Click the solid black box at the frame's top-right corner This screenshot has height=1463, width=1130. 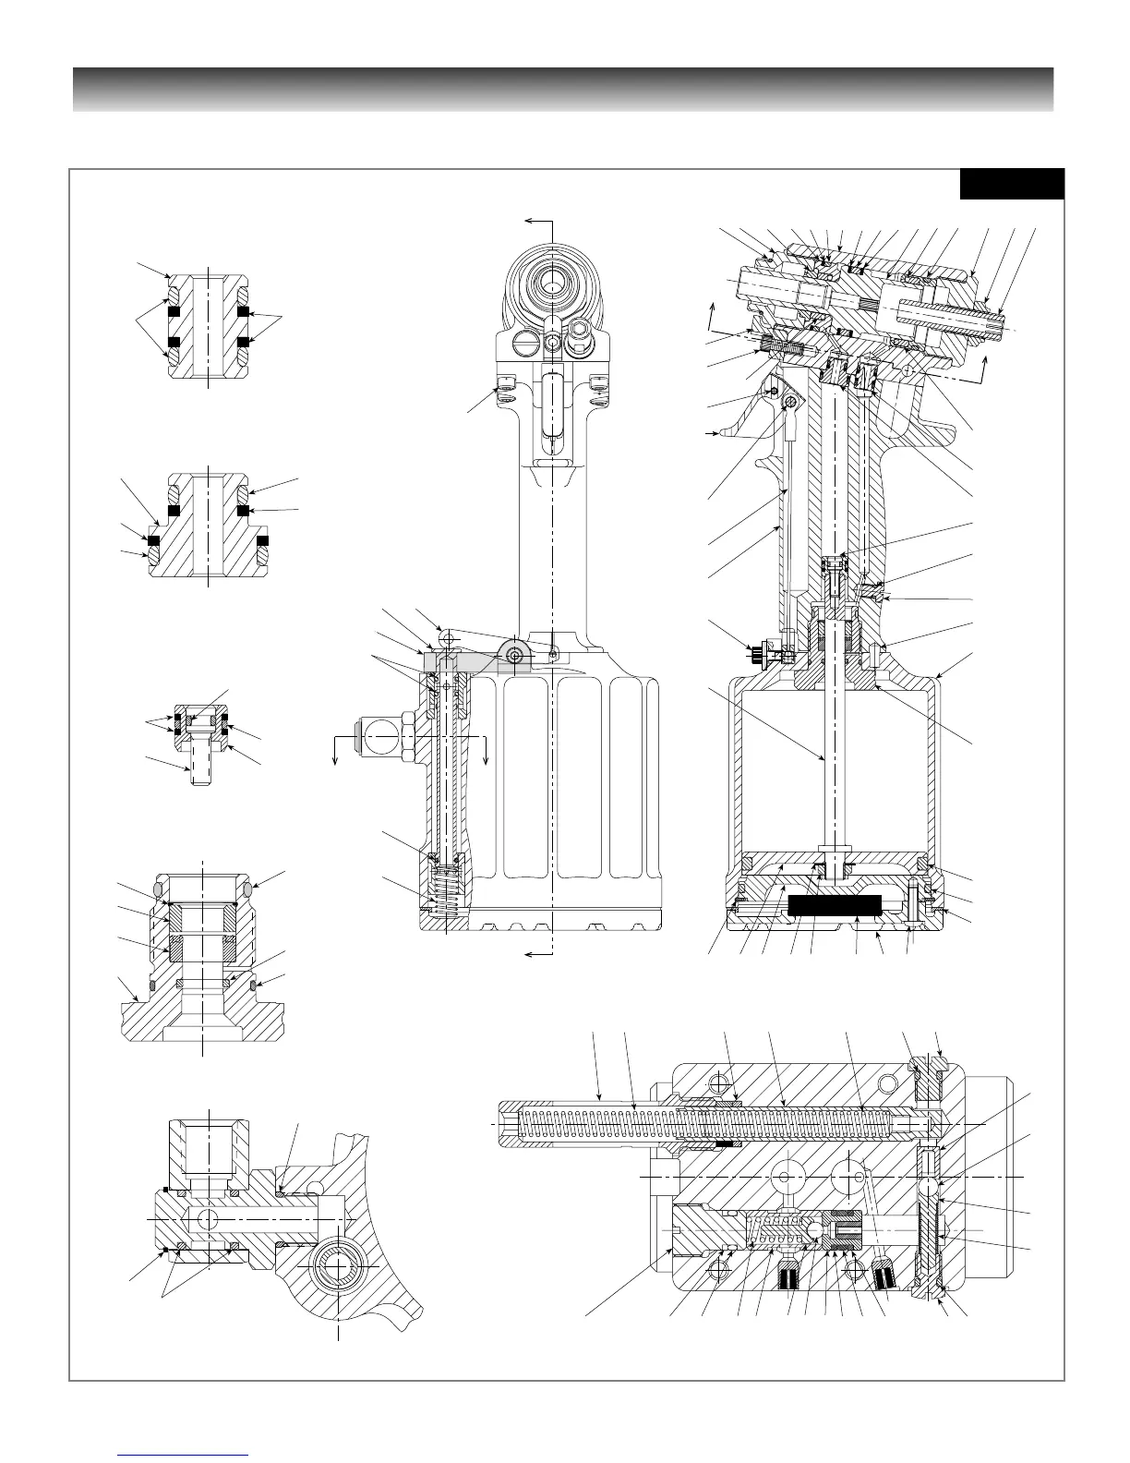coord(1012,183)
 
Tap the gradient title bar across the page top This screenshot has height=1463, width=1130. coord(563,90)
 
